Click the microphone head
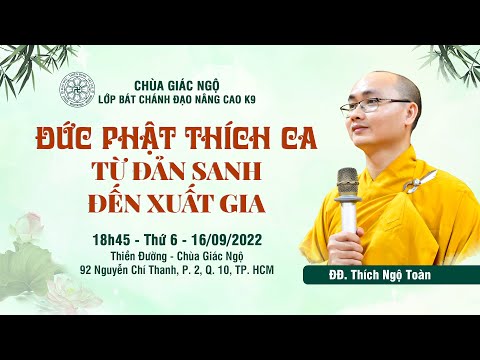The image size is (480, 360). point(348,181)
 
